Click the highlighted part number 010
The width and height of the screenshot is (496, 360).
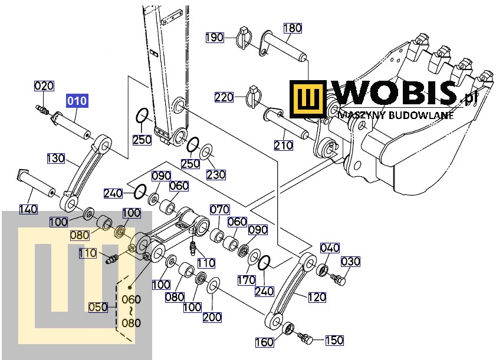click(x=77, y=101)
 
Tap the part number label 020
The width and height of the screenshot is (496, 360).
click(x=44, y=86)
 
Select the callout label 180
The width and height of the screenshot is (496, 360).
click(x=293, y=28)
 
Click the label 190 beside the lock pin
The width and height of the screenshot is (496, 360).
click(x=215, y=38)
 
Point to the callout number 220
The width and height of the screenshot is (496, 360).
click(x=224, y=97)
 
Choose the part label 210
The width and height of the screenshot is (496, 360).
click(x=284, y=145)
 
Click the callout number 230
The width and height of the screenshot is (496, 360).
click(x=216, y=174)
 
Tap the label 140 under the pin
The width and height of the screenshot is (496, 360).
click(x=28, y=209)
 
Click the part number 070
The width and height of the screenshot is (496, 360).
click(x=219, y=209)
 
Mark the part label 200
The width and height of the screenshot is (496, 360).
click(x=212, y=316)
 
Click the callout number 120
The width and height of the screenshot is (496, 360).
click(x=316, y=298)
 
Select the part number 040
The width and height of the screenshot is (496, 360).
click(x=330, y=248)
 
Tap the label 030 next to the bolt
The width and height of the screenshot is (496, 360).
click(x=350, y=262)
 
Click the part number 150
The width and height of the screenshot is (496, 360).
click(x=334, y=340)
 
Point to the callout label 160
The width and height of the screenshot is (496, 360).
click(x=264, y=342)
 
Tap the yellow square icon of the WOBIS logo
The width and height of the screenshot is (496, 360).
click(x=309, y=99)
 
